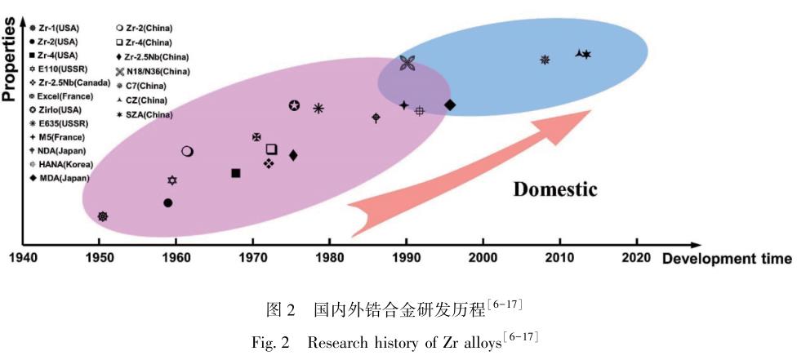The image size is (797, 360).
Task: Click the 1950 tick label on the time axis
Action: [100, 259]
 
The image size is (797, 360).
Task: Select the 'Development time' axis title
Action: [726, 260]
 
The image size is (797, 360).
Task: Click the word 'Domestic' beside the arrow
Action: [555, 189]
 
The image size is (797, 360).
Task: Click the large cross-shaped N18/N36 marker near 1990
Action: [407, 64]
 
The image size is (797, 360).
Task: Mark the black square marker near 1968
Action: [236, 173]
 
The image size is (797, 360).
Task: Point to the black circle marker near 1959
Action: [167, 202]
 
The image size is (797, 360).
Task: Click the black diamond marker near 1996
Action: [450, 104]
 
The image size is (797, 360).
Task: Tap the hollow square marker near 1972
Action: [271, 149]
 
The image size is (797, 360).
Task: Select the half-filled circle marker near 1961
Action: [187, 151]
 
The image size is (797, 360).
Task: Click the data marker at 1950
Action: [103, 216]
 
